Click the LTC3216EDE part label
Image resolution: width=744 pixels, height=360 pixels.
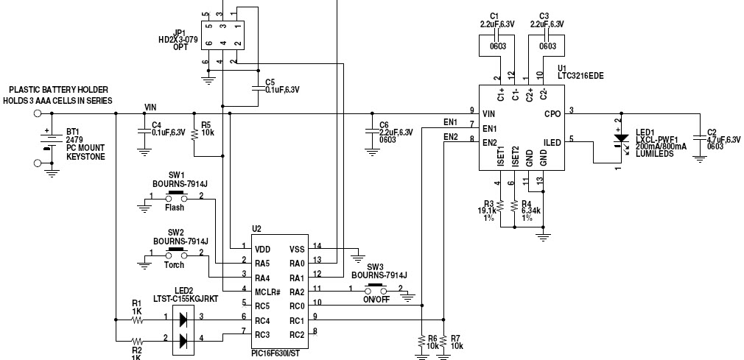click(580, 76)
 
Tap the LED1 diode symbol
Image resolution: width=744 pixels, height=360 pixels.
click(620, 138)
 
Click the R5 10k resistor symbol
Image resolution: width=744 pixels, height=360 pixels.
click(194, 134)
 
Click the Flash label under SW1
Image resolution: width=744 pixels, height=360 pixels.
click(175, 208)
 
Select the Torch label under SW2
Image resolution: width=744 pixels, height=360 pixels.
click(175, 264)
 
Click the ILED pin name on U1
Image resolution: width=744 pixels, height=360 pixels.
click(552, 142)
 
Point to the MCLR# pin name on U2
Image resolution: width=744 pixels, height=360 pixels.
click(270, 290)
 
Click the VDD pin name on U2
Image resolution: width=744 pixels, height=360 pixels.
click(264, 249)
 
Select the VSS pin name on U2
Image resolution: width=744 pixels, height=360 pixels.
click(297, 249)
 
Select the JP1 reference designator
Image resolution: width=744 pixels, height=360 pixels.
click(180, 32)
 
